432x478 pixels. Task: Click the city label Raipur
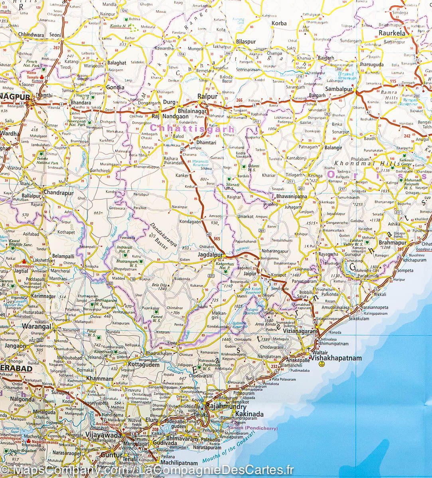207,96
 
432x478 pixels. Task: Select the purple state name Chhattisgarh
192,129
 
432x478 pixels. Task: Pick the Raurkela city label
392,33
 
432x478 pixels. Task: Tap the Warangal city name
36,327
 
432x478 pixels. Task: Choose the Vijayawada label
103,435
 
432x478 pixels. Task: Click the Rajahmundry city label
221,407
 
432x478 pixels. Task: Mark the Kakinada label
249,414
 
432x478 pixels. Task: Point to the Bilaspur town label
245,41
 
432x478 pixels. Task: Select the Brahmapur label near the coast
393,243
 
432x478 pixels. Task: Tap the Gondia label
114,87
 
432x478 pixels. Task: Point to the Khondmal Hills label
367,163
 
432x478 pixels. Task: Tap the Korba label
279,24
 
